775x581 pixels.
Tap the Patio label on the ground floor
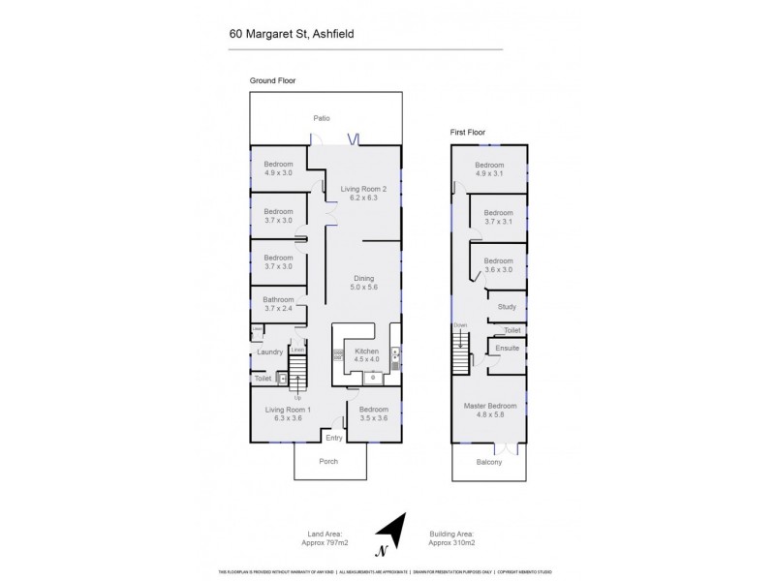tap(322, 118)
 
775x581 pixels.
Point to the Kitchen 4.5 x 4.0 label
tap(365, 355)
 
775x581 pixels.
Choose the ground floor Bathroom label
tap(278, 305)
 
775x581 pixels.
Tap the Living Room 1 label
tap(289, 414)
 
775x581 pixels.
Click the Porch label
tap(329, 461)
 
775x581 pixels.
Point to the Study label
tap(507, 307)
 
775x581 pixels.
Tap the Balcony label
tap(489, 462)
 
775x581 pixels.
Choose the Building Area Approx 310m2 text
tap(451, 537)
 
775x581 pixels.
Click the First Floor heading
tap(467, 132)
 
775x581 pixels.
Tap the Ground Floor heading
tap(272, 80)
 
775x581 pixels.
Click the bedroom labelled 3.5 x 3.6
tap(373, 414)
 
